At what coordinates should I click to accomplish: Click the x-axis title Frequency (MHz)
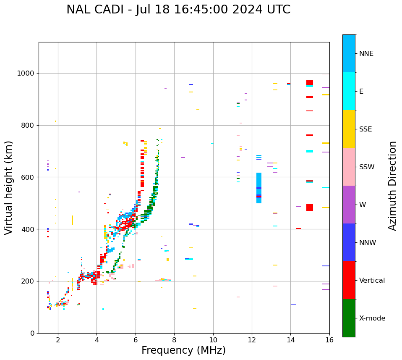(x=183, y=350)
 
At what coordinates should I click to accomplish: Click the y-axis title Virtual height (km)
(x=9, y=188)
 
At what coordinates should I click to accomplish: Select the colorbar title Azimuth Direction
(x=392, y=186)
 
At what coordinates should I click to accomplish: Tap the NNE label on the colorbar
(x=366, y=54)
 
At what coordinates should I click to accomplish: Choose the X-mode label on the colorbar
(x=372, y=318)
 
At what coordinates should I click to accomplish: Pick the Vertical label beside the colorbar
(x=372, y=281)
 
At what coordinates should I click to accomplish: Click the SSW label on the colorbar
(x=367, y=167)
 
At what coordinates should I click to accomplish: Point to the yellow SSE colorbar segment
(x=349, y=129)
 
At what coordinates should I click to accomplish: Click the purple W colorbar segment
(x=349, y=205)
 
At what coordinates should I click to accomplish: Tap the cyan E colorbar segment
(x=349, y=91)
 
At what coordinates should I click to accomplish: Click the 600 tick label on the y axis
(x=29, y=177)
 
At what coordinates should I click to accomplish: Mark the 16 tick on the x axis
(x=329, y=340)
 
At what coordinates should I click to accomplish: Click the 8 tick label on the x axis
(x=174, y=340)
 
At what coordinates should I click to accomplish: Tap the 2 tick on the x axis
(x=58, y=340)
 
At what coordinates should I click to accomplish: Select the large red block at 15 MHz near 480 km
(x=310, y=208)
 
